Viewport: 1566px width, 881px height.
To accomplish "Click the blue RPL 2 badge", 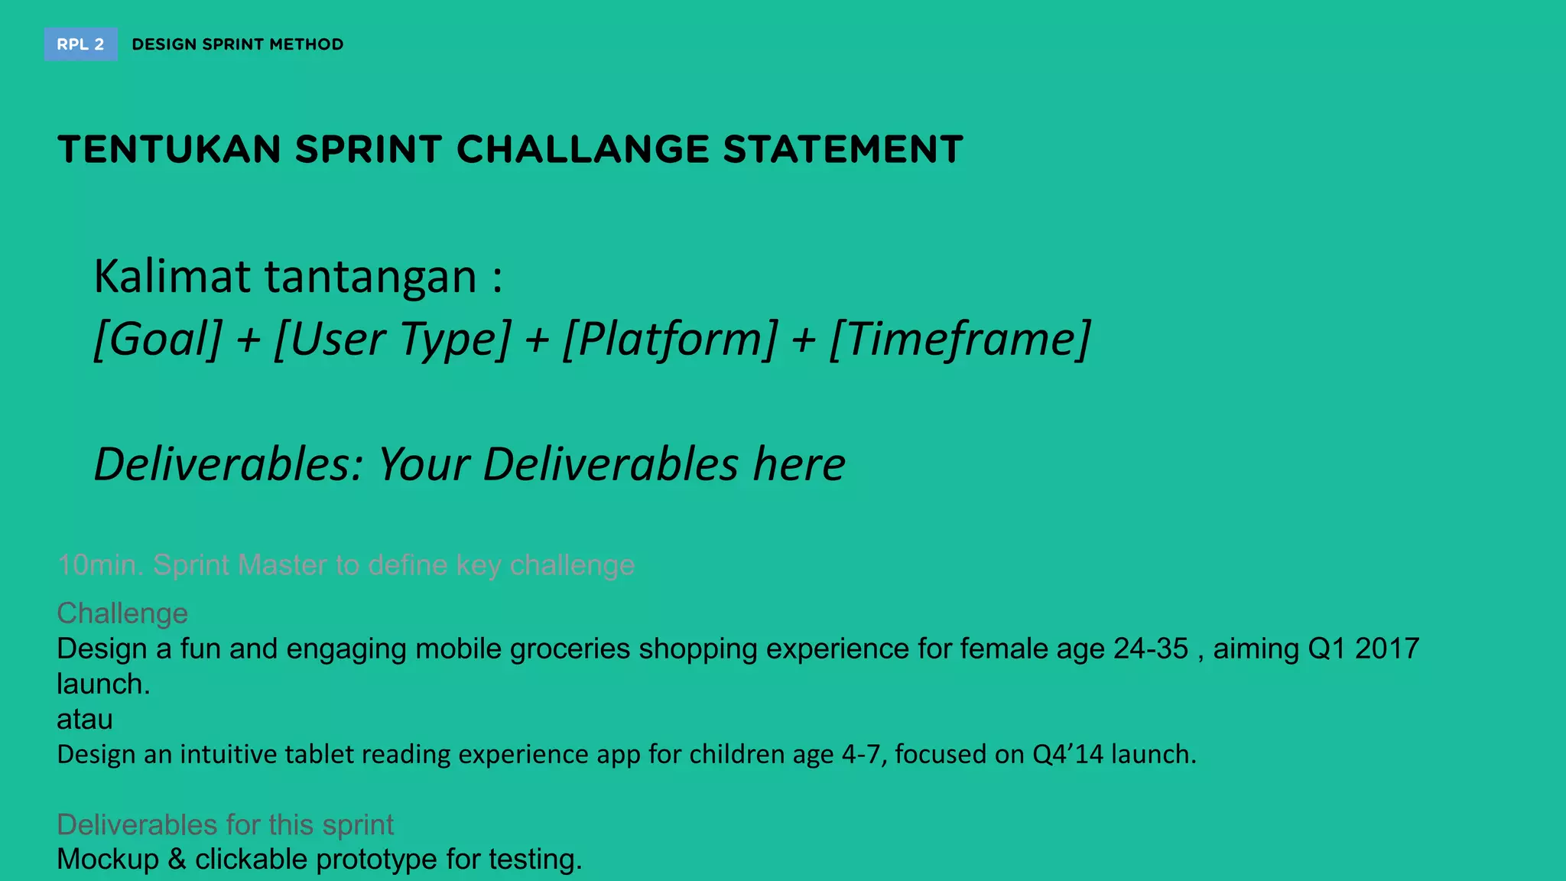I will (80, 44).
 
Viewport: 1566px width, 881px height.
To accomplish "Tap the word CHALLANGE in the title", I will (583, 149).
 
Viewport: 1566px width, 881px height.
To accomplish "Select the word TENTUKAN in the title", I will (169, 149).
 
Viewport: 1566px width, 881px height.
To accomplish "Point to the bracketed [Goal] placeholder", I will (158, 339).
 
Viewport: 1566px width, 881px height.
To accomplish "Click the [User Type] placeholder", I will (392, 339).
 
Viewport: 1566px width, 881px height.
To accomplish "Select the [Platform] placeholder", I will (670, 339).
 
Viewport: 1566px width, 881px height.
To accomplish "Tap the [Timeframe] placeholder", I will (960, 339).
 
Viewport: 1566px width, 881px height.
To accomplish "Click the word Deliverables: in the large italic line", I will (228, 464).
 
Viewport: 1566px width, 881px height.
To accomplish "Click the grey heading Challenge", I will (122, 613).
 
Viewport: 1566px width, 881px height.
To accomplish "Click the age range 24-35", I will (1151, 649).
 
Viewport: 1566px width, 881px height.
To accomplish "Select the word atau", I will (85, 719).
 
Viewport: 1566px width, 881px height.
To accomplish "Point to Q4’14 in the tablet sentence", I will (1067, 754).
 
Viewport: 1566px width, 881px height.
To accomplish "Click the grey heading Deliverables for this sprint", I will (225, 824).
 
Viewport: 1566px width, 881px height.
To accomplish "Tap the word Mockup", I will (108, 859).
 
